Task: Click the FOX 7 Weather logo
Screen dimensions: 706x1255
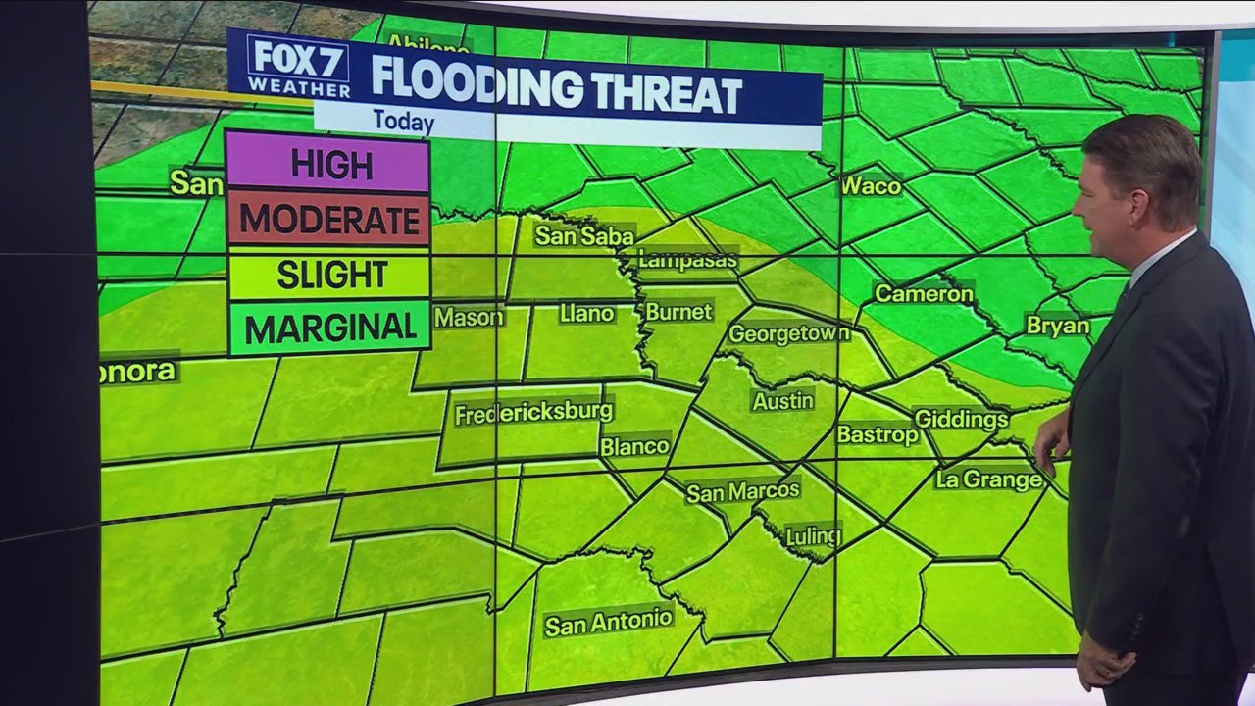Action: (x=297, y=67)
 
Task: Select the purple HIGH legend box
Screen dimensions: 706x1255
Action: (x=328, y=164)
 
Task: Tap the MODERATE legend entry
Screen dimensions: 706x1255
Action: (x=328, y=219)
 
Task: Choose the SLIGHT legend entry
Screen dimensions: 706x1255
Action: (x=328, y=275)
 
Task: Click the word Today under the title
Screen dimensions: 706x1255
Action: (x=403, y=123)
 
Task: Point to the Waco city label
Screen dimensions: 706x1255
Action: (x=871, y=185)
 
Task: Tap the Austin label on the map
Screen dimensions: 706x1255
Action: (x=782, y=400)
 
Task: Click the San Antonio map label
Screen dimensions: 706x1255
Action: (x=608, y=622)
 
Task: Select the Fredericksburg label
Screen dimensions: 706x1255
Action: (x=533, y=412)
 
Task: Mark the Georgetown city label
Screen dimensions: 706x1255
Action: (x=788, y=333)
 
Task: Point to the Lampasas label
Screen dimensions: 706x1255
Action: (x=687, y=260)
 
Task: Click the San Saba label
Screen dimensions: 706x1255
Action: (x=584, y=235)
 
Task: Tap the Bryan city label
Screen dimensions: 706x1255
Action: (x=1057, y=326)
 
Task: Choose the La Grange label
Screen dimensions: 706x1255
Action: (x=988, y=479)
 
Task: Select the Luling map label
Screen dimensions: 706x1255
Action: (x=813, y=536)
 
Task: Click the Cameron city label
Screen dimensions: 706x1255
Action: (x=924, y=293)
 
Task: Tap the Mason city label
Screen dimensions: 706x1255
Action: (x=469, y=317)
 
